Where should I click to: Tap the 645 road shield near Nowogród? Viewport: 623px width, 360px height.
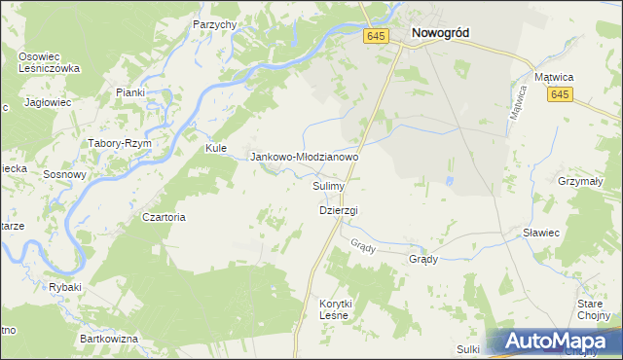pos(378,36)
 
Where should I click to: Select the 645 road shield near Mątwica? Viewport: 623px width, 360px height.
pos(559,94)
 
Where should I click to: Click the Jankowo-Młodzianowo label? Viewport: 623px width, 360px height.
pos(306,156)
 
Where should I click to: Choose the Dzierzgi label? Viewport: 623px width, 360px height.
pos(339,210)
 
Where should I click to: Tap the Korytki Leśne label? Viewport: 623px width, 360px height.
pos(336,309)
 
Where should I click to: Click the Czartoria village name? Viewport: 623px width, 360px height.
pos(164,217)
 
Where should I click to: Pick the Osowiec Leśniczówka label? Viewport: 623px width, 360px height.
pos(48,62)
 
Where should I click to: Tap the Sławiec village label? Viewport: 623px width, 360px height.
pos(540,233)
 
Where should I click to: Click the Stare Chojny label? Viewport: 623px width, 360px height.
pos(591,309)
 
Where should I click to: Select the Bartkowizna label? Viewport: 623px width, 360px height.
pos(110,338)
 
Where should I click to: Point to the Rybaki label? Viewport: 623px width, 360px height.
pos(65,287)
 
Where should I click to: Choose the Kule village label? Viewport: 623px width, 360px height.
pos(215,148)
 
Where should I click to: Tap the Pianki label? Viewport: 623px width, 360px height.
pos(129,92)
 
